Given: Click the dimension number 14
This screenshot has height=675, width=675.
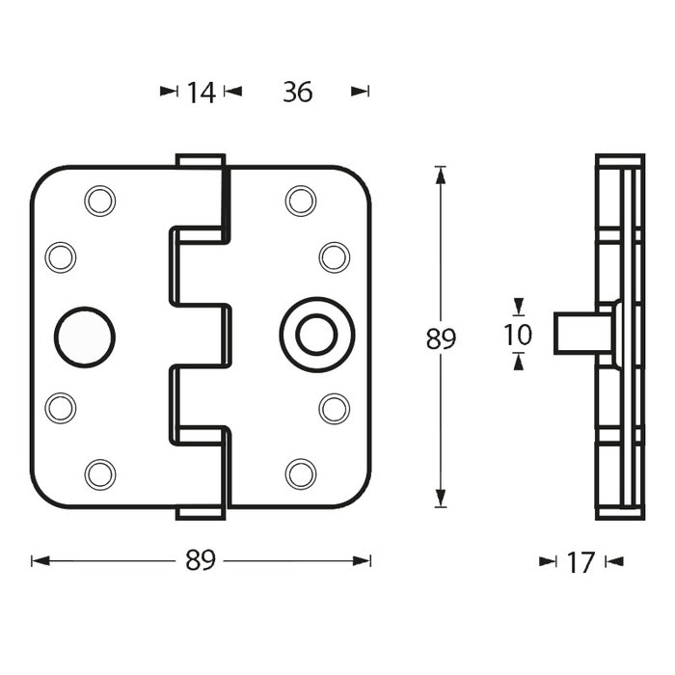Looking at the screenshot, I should point(201,92).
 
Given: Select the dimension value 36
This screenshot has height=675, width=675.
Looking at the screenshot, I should point(297,92).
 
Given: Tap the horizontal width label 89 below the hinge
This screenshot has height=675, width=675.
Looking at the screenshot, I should point(201,560).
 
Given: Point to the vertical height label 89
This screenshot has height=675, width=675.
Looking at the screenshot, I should point(440,338).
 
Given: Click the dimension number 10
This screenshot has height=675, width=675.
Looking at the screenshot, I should point(519,335).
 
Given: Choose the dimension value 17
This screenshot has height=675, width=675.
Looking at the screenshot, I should point(580,561).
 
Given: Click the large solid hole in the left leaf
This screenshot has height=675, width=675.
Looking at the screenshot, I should point(84,337).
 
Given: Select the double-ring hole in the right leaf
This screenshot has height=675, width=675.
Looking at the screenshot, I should point(310,337).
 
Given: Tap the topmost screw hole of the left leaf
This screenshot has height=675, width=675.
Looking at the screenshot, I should point(98,200).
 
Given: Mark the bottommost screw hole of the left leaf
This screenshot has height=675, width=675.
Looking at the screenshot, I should point(98,473).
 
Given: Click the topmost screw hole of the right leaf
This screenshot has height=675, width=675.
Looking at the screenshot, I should point(300,200).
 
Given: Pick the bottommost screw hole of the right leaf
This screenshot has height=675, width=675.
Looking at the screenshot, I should point(300,473).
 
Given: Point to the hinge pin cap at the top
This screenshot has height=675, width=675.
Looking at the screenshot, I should point(201,160).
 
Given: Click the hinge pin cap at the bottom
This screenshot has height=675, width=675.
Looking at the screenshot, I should point(201,514).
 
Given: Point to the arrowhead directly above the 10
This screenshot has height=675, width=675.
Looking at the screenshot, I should point(519,308).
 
